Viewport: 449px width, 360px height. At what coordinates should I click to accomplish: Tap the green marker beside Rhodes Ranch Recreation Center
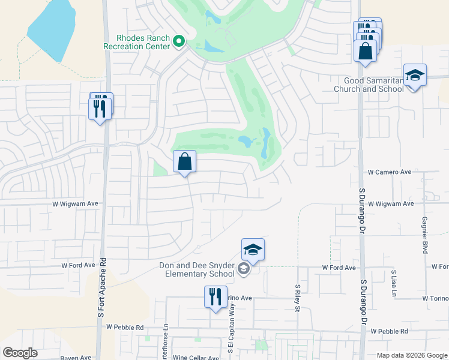tap(178, 41)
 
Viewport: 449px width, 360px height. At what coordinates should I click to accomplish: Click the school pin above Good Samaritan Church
tap(415, 76)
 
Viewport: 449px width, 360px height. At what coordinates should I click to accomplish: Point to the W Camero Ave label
tap(390, 172)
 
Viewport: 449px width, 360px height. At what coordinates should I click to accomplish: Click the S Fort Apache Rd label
tap(101, 289)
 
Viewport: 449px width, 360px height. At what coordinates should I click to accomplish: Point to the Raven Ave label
tap(76, 358)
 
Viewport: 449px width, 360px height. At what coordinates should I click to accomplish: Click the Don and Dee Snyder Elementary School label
tap(196, 269)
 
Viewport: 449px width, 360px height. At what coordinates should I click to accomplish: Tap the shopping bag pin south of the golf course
tap(184, 162)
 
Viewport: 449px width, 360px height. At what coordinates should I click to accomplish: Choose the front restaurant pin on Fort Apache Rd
tap(100, 109)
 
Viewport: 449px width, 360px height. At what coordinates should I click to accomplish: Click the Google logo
tap(20, 353)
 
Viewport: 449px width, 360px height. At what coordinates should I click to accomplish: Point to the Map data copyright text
tap(411, 355)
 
